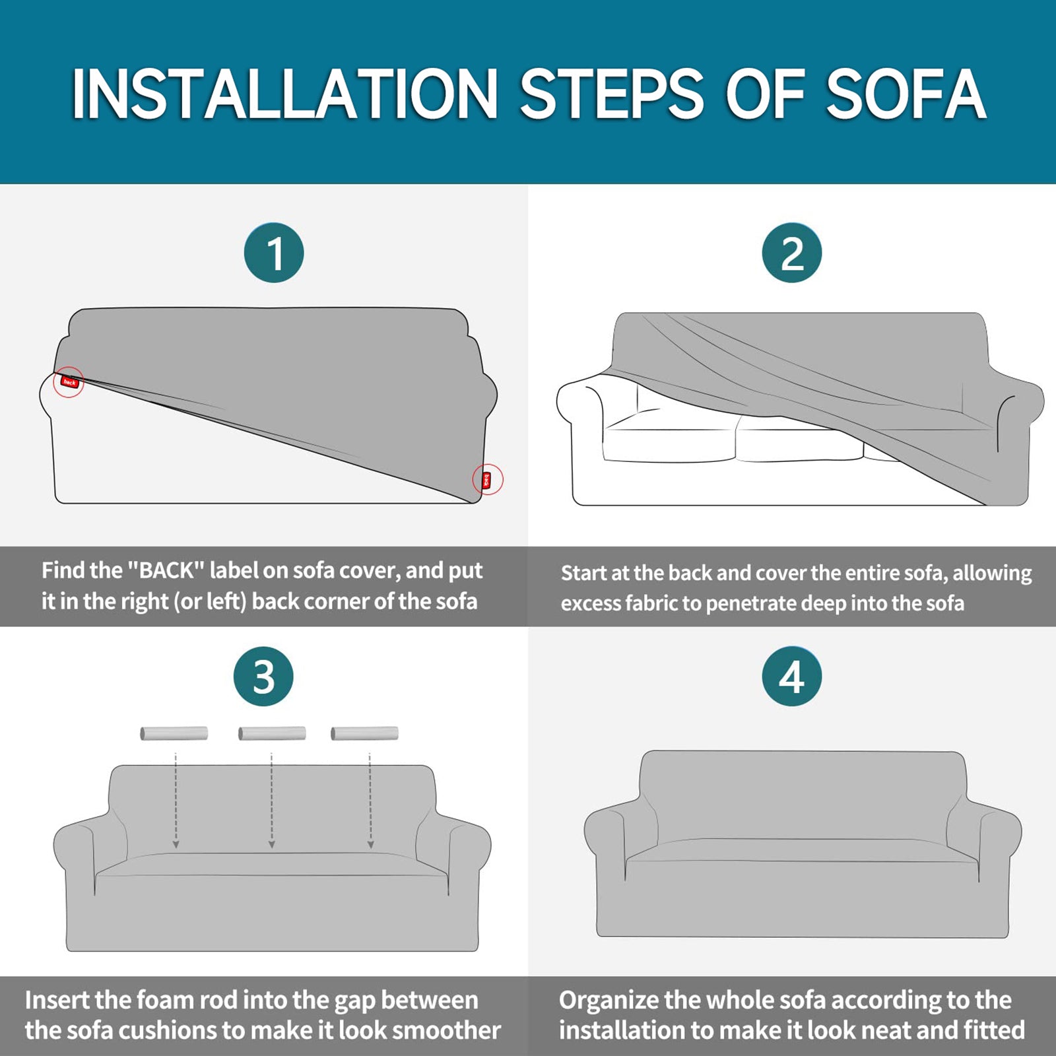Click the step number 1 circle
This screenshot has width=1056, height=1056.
(x=274, y=253)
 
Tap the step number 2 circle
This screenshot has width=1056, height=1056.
(x=792, y=253)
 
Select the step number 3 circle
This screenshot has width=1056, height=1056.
(x=263, y=676)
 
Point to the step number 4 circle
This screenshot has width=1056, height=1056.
(x=792, y=676)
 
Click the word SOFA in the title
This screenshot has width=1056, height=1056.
(x=906, y=94)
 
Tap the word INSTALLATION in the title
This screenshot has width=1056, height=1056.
(x=284, y=94)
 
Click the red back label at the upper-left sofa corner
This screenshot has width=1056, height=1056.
(x=69, y=381)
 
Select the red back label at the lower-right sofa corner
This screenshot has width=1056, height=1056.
(x=487, y=480)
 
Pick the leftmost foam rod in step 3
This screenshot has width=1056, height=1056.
(x=174, y=733)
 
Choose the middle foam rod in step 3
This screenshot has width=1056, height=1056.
(x=272, y=733)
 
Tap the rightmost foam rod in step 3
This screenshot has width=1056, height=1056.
(x=364, y=733)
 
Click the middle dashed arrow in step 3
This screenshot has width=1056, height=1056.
(x=272, y=801)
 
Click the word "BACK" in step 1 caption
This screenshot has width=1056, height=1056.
(x=164, y=570)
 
